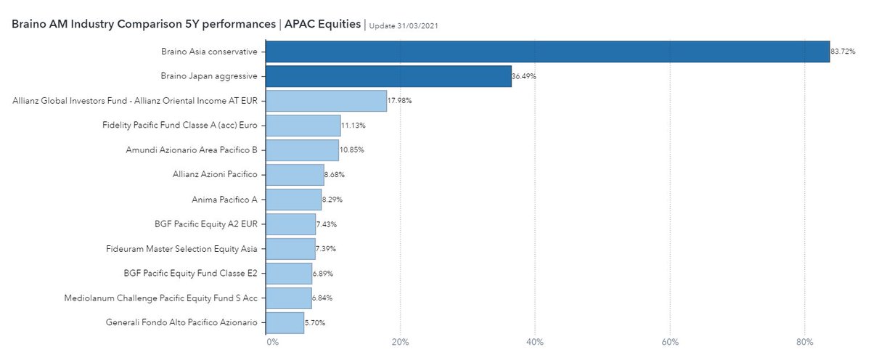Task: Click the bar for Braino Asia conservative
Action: [x=547, y=52]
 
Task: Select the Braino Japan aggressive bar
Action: [x=388, y=76]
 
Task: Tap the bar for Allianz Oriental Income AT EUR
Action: [x=326, y=101]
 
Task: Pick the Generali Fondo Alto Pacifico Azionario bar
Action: [x=285, y=322]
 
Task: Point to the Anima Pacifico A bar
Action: [x=293, y=199]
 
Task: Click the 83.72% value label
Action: [x=843, y=52]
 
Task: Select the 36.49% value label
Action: [x=524, y=76]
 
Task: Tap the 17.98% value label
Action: [x=399, y=101]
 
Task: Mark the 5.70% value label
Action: [x=316, y=322]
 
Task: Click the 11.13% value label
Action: [x=353, y=126]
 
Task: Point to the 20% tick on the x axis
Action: [x=400, y=341]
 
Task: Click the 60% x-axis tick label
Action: [x=670, y=341]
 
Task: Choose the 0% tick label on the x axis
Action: [x=272, y=341]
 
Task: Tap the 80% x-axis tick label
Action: [x=804, y=341]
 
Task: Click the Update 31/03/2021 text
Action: [x=404, y=25]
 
